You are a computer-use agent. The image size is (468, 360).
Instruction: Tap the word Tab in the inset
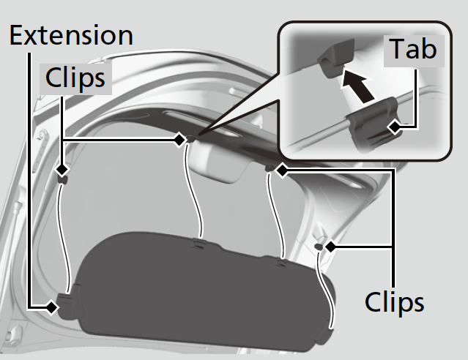412,49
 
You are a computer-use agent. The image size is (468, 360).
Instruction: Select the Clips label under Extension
77,78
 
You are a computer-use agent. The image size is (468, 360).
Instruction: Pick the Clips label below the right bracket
394,301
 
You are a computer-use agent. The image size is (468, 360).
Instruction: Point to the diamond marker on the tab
395,127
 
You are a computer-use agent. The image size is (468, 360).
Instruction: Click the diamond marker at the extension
51,308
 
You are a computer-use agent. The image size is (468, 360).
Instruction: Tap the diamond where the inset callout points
180,139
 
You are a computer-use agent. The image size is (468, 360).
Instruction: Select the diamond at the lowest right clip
330,247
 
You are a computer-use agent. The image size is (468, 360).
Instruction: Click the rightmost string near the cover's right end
331,293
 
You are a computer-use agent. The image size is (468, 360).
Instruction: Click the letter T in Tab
396,49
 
